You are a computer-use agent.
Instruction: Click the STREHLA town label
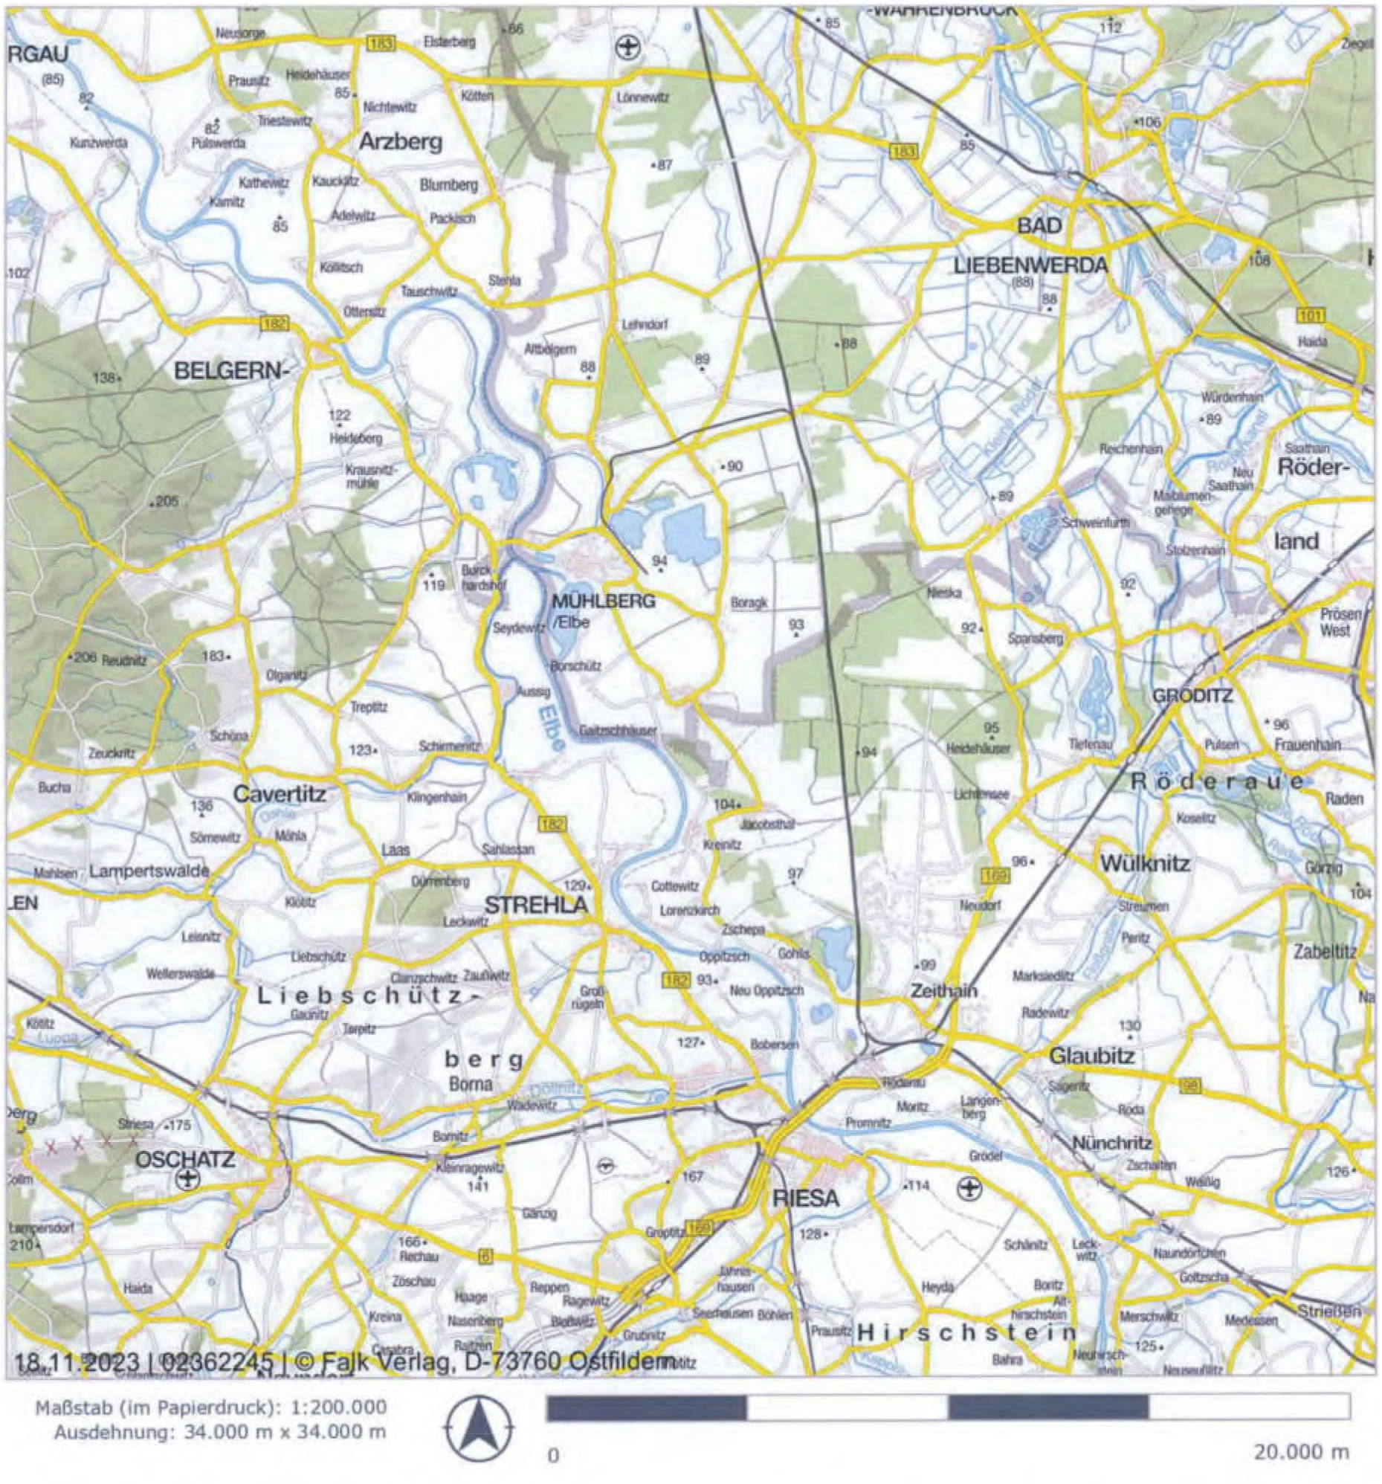[x=536, y=905]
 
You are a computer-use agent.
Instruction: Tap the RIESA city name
[x=806, y=1199]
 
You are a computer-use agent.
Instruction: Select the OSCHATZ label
[x=184, y=1159]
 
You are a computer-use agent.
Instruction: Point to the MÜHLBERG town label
[x=603, y=600]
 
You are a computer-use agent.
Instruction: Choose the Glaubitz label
[x=1092, y=1056]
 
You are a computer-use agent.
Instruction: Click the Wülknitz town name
[x=1146, y=865]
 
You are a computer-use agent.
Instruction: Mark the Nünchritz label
[x=1112, y=1143]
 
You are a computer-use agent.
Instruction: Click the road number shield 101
[x=1311, y=315]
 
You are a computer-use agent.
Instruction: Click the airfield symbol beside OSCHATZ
[x=187, y=1179]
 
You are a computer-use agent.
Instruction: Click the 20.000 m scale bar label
[x=1302, y=1452]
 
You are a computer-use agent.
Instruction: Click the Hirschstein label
[x=966, y=1332]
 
